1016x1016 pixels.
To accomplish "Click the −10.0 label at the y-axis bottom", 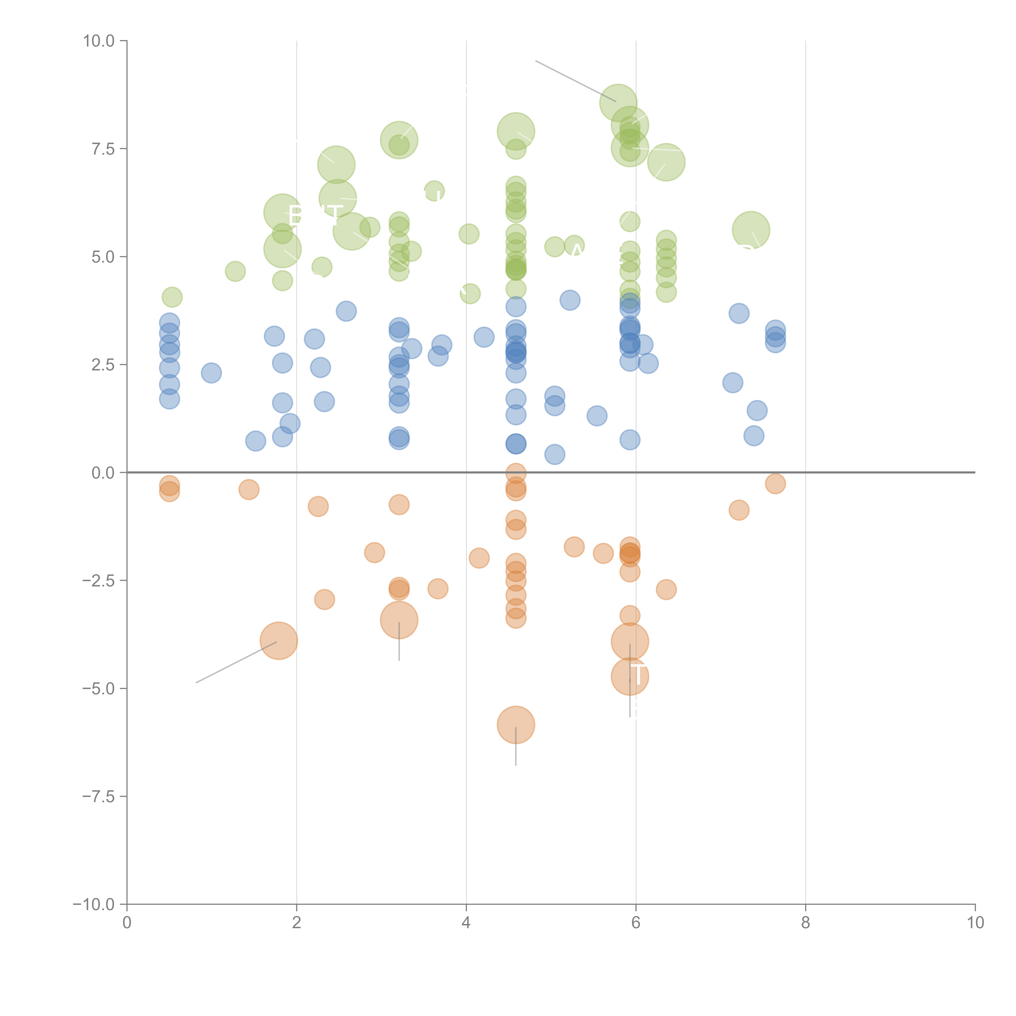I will (x=94, y=904).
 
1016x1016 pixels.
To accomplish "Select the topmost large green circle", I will (x=618, y=103).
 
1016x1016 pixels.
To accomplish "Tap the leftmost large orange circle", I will (x=279, y=640).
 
